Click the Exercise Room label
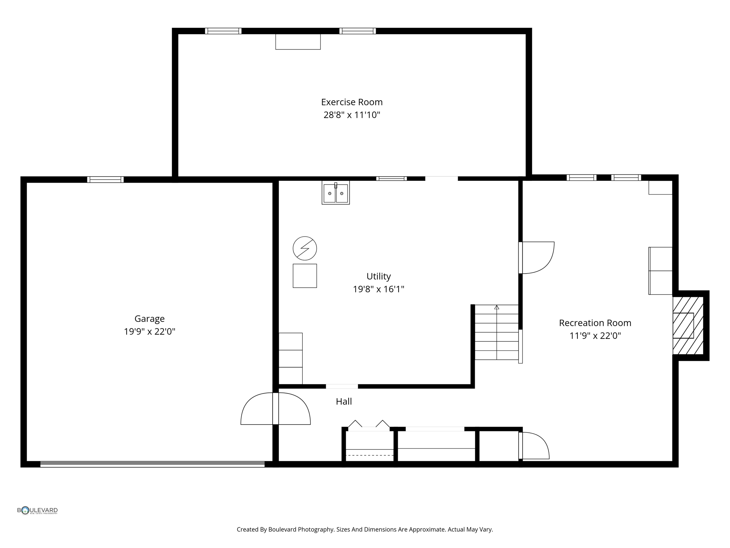(x=351, y=102)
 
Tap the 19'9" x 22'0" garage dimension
(x=149, y=332)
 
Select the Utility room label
(x=379, y=276)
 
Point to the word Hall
(x=344, y=402)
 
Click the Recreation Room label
(x=595, y=323)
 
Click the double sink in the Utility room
(x=335, y=193)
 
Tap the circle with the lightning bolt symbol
(x=305, y=248)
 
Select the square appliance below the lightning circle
(x=305, y=276)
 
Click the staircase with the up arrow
(x=496, y=333)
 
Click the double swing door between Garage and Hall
(x=276, y=409)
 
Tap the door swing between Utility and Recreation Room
(x=536, y=258)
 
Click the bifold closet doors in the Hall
(x=369, y=425)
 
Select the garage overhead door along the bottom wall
(x=152, y=464)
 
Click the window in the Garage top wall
(x=105, y=179)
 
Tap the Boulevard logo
(x=37, y=511)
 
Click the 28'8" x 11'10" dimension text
(x=351, y=115)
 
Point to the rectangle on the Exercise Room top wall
(x=298, y=42)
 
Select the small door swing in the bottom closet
(x=534, y=446)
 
